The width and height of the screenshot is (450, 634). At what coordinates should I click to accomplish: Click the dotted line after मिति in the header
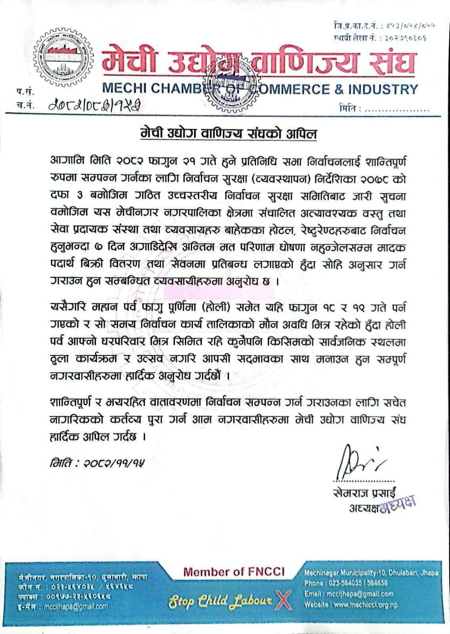tap(396, 108)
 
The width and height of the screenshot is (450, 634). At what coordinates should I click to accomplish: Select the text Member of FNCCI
tap(234, 572)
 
